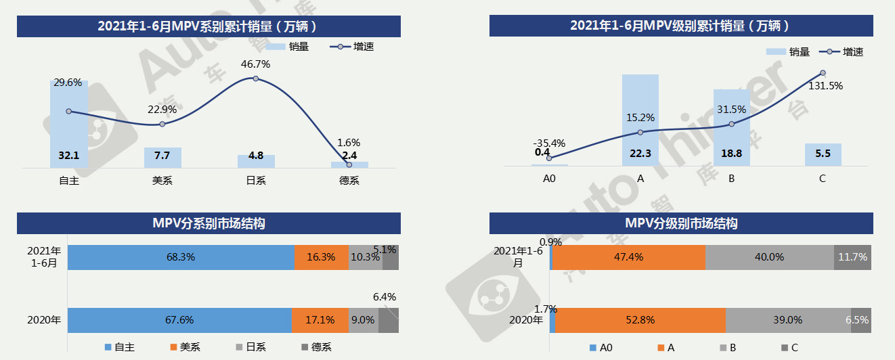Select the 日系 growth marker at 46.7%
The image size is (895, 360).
pos(255,78)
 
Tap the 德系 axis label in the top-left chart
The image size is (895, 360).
pos(349,181)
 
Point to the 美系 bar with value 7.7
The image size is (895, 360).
pos(162,157)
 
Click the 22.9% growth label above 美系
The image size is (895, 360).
pos(162,109)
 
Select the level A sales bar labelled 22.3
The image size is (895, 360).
pos(640,122)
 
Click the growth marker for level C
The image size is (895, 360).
pos(823,73)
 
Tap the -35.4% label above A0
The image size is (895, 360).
pos(549,143)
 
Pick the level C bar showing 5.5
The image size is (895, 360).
pos(823,154)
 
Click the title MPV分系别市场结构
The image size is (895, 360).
pos(209,223)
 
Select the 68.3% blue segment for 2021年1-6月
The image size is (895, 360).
pos(181,257)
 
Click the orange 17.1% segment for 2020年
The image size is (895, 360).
pos(320,320)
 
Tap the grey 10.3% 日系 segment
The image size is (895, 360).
pos(366,257)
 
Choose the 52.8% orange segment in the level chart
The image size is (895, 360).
pos(640,320)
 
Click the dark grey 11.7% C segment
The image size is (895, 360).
pos(852,257)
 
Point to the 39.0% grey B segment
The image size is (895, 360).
pos(788,320)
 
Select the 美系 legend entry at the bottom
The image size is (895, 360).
pos(185,347)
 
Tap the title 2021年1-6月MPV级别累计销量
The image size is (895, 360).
pos(680,26)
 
